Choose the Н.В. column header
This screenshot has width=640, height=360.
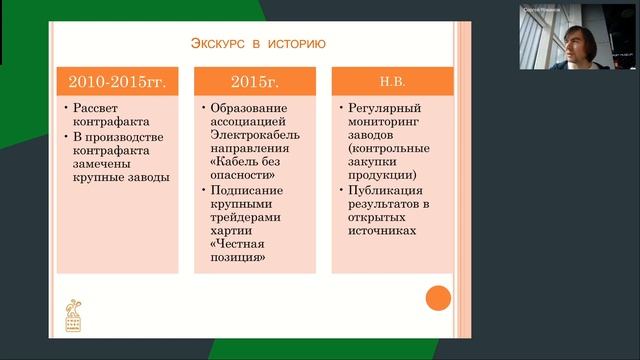(x=391, y=81)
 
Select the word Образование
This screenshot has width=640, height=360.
(x=249, y=106)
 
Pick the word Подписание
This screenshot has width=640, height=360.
(x=248, y=190)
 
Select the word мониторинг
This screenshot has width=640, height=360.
(x=385, y=120)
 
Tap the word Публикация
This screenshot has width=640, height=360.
(x=384, y=190)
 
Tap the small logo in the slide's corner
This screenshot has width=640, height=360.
(x=73, y=313)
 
